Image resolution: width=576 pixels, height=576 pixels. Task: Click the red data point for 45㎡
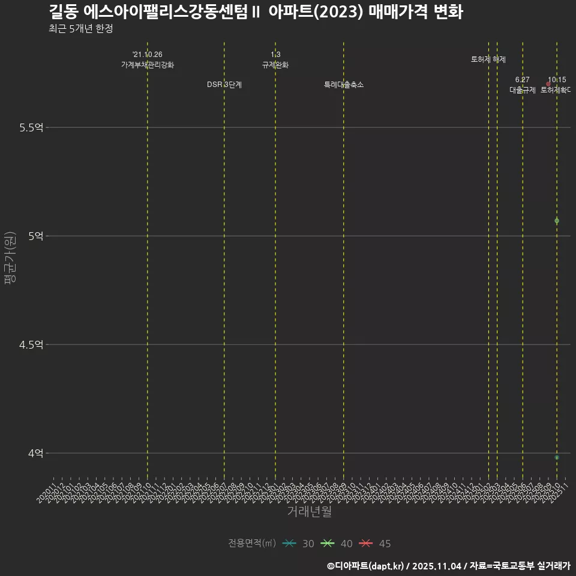548,84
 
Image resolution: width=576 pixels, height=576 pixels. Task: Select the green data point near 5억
557,221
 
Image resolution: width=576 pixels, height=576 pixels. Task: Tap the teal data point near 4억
557,457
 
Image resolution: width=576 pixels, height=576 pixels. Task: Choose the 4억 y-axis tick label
36,453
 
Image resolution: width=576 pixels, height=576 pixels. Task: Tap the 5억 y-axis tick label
36,236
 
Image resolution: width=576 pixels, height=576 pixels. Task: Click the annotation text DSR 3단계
224,85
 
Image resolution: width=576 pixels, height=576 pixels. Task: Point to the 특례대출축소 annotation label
344,85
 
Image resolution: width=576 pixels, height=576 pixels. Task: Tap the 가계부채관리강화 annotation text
148,65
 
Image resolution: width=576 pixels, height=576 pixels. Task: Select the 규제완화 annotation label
275,65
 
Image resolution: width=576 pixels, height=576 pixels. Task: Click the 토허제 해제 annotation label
488,59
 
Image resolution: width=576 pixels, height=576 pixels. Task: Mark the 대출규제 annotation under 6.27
523,90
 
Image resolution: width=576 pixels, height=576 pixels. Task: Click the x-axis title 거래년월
309,512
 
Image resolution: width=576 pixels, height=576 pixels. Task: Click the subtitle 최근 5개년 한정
80,29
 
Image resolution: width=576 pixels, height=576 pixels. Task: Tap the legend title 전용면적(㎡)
252,544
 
